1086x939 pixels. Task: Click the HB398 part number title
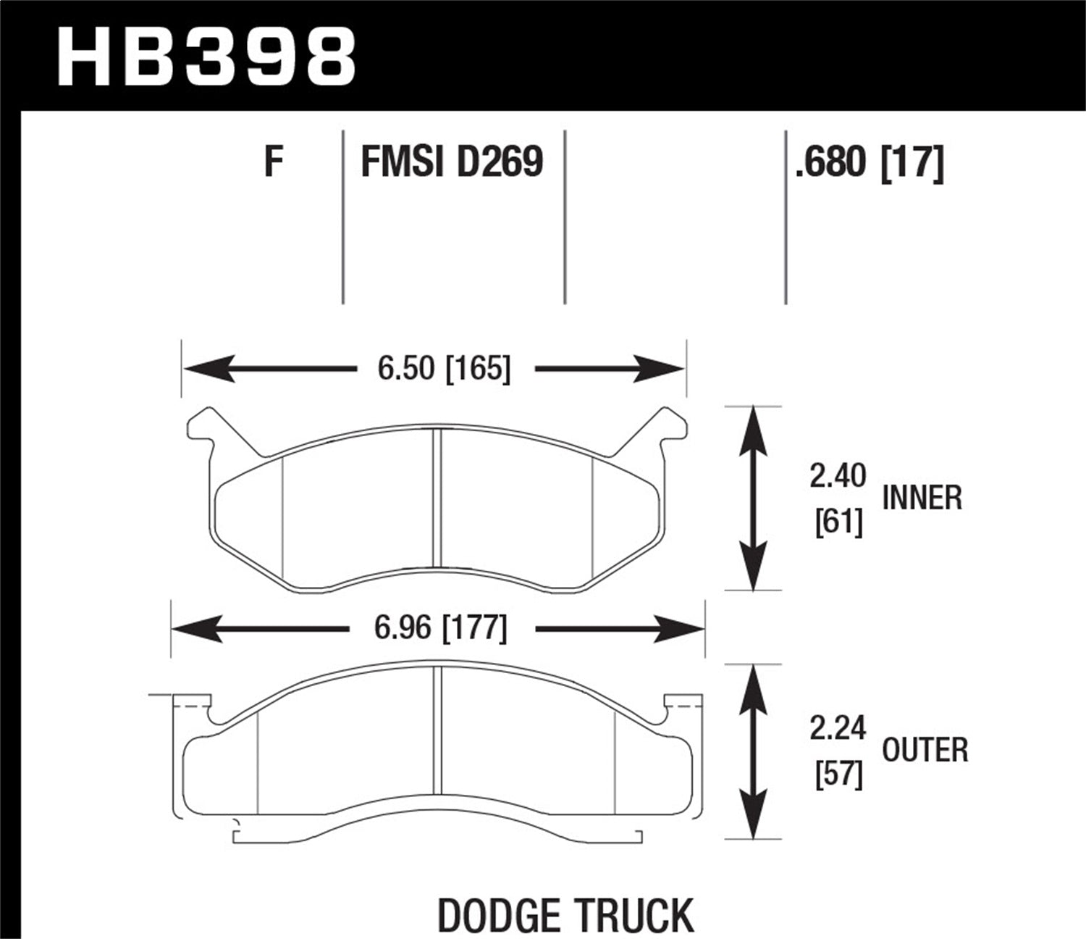click(206, 57)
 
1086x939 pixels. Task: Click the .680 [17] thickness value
click(868, 162)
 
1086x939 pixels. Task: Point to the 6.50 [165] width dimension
click(444, 369)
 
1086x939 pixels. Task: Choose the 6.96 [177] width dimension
click(440, 627)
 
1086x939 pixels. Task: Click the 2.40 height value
click(838, 477)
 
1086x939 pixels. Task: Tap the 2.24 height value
click(838, 729)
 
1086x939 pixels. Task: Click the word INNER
click(922, 498)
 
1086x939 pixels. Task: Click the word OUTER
click(925, 751)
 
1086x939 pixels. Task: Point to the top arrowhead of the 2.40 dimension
click(754, 424)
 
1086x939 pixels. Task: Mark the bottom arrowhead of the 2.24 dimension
click(754, 822)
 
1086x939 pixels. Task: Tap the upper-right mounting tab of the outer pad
click(682, 701)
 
